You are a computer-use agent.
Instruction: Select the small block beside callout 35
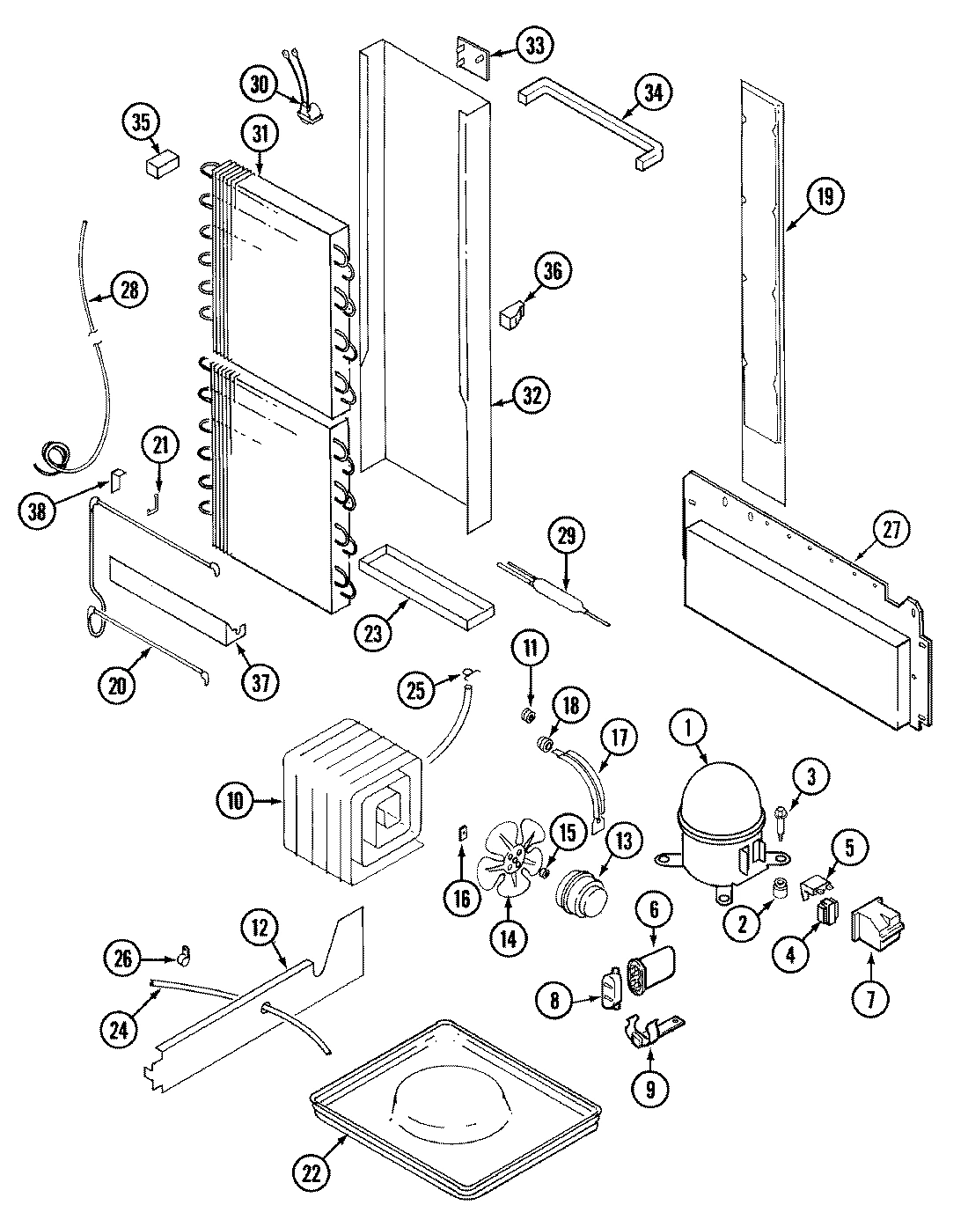point(161,165)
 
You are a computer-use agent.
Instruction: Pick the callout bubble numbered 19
point(824,196)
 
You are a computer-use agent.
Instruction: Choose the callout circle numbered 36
point(552,271)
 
